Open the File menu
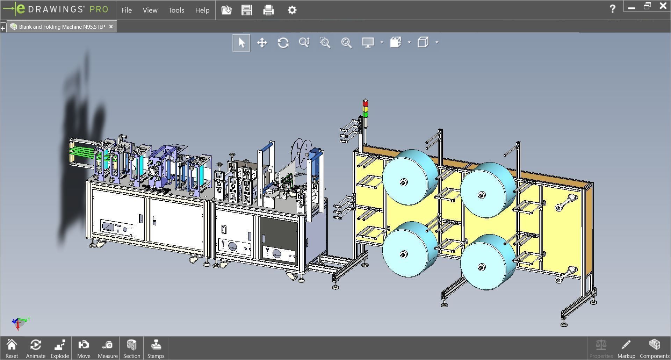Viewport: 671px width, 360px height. (x=127, y=10)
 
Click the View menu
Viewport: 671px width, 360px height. (x=150, y=10)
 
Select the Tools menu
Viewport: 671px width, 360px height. (x=176, y=10)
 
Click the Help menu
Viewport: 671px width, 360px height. (x=202, y=10)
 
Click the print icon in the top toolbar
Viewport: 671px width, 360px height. (x=268, y=10)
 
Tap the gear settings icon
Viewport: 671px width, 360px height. (x=292, y=10)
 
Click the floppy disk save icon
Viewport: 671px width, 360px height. (x=247, y=10)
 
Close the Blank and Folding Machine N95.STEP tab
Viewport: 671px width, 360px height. (x=111, y=27)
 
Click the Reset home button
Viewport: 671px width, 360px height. (x=12, y=348)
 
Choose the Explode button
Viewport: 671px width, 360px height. (x=60, y=348)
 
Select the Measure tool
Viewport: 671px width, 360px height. (x=108, y=348)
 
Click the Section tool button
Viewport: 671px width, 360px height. (x=131, y=348)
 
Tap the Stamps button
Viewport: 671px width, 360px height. (x=156, y=348)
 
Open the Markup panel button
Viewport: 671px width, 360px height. (x=626, y=348)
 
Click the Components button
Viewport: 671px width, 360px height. (x=654, y=348)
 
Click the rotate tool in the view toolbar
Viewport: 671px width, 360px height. (x=283, y=43)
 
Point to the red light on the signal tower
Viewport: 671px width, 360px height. (x=366, y=103)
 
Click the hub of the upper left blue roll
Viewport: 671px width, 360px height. (x=404, y=182)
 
